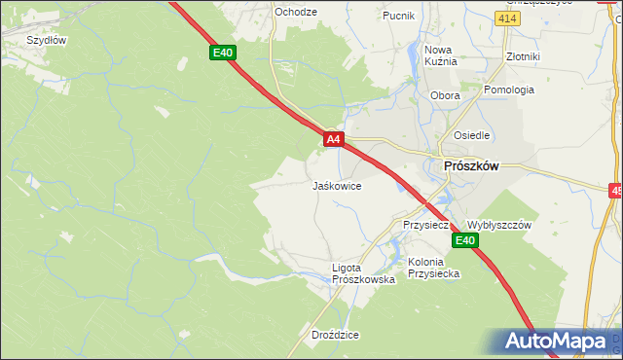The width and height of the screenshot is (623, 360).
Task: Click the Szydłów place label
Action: (x=46, y=40)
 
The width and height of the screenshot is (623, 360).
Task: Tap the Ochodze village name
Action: (x=296, y=12)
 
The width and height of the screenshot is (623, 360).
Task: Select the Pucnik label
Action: (x=399, y=16)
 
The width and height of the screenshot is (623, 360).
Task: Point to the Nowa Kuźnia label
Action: (x=440, y=55)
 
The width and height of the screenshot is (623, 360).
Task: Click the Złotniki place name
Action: (x=523, y=56)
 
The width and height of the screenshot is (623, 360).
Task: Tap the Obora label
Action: (x=445, y=96)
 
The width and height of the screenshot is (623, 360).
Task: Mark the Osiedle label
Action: (x=471, y=135)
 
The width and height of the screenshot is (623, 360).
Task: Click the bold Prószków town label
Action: (x=470, y=166)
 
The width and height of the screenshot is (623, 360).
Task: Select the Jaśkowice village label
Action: (x=337, y=185)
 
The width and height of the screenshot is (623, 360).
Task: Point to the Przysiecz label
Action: (x=425, y=225)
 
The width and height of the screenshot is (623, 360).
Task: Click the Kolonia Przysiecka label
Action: (x=434, y=268)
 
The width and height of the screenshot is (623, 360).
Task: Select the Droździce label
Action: (x=336, y=335)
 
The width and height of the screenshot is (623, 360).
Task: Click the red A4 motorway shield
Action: (x=333, y=140)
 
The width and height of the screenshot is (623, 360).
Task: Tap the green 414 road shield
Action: (x=506, y=18)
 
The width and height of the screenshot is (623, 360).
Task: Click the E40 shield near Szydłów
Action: (x=223, y=53)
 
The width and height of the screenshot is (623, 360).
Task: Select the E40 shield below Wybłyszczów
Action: (x=466, y=241)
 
